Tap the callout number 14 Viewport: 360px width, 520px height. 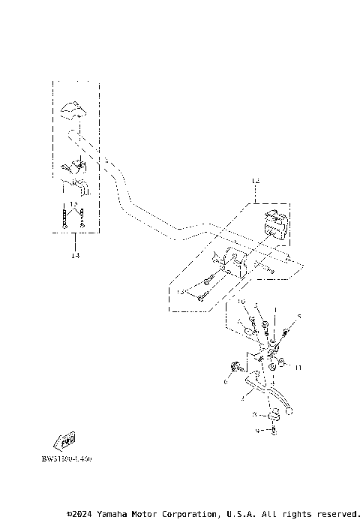coord(75,256)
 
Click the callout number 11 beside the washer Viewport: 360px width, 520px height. coord(298,368)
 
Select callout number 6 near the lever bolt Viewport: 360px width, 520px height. coord(224,382)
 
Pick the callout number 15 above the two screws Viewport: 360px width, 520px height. coord(73,204)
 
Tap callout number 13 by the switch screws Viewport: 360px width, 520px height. coord(180,293)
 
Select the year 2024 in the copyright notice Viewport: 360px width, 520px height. coord(83,514)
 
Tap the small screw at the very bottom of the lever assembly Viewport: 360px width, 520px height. coord(276,431)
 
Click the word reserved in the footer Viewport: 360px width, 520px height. coord(335,514)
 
